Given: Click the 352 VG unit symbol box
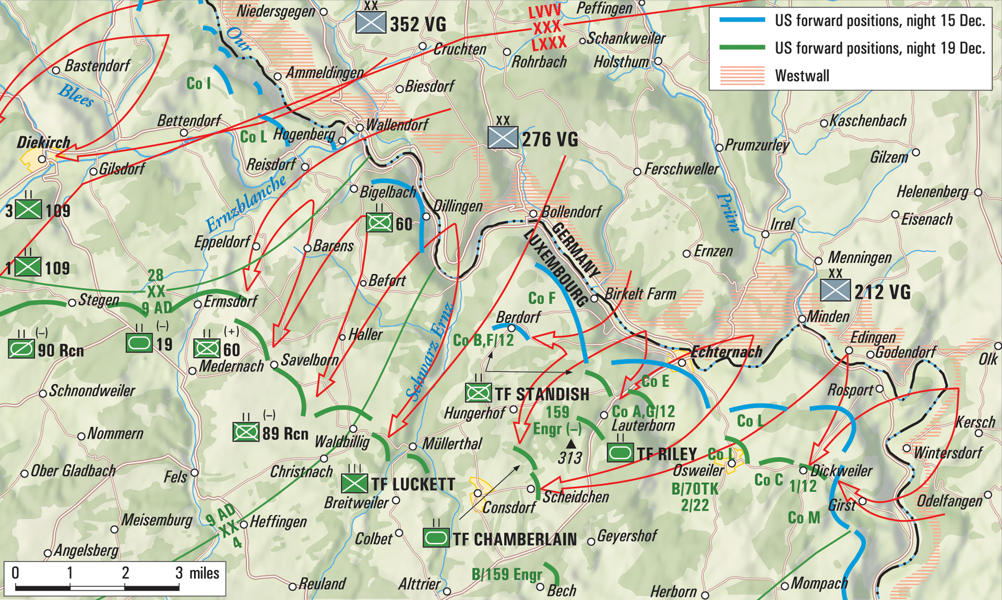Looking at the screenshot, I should tap(371, 22).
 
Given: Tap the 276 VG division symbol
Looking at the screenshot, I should tap(503, 138).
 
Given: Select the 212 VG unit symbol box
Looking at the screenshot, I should tap(835, 290).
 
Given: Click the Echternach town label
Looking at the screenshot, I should tap(726, 352).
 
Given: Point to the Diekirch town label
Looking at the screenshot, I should tap(43, 142).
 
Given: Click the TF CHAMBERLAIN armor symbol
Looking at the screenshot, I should tap(436, 537).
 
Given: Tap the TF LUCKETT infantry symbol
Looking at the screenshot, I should tap(354, 483).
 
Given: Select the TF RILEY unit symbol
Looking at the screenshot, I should tap(621, 452).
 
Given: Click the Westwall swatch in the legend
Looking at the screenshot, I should tap(742, 76).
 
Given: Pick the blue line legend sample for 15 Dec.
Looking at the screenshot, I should tap(742, 20).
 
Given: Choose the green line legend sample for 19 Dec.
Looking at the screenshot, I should tap(742, 48).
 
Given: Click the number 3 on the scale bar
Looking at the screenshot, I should tap(179, 573).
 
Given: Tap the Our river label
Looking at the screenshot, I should tap(238, 39).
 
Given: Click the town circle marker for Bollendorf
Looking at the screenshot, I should tap(533, 214).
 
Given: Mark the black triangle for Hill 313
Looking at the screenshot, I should tap(571, 444).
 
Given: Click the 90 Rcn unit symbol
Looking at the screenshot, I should tap(21, 349).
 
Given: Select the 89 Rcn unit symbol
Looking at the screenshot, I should tap(246, 432).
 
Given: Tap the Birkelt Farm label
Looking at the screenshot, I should tap(640, 294).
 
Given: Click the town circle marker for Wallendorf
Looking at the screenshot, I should tap(360, 127).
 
